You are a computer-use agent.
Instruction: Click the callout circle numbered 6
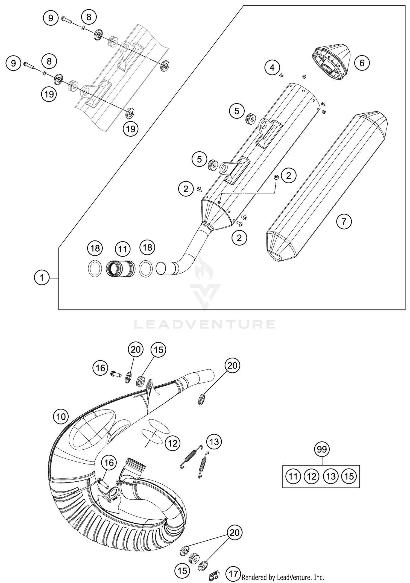pyautogui.click(x=362, y=63)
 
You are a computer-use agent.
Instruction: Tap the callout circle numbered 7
pyautogui.click(x=344, y=221)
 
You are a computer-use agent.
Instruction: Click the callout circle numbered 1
pyautogui.click(x=42, y=278)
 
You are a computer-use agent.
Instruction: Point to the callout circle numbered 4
pyautogui.click(x=272, y=67)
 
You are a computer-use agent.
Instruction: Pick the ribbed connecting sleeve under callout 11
pyautogui.click(x=121, y=268)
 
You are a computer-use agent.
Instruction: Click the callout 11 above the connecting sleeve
pyautogui.click(x=122, y=249)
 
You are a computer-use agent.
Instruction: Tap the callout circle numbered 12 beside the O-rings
pyautogui.click(x=172, y=443)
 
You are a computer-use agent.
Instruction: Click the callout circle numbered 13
pyautogui.click(x=214, y=441)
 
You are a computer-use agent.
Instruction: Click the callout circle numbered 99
pyautogui.click(x=322, y=449)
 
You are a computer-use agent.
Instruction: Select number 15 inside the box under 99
pyautogui.click(x=349, y=476)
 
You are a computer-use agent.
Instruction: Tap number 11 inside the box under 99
pyautogui.click(x=293, y=476)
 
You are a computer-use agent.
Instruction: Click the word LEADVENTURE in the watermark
pyautogui.click(x=205, y=324)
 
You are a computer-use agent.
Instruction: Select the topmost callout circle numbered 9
pyautogui.click(x=51, y=18)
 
